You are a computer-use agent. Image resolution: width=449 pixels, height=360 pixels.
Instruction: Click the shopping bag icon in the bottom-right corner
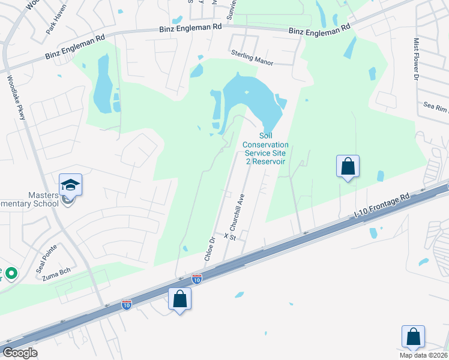click(414, 336)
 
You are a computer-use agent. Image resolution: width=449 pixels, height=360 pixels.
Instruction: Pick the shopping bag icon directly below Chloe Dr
click(179, 298)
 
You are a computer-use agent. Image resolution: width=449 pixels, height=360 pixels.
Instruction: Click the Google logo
click(20, 352)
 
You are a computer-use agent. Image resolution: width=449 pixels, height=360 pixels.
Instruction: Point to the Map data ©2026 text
click(424, 355)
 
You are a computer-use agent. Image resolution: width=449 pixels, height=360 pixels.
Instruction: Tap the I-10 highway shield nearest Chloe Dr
click(196, 278)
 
